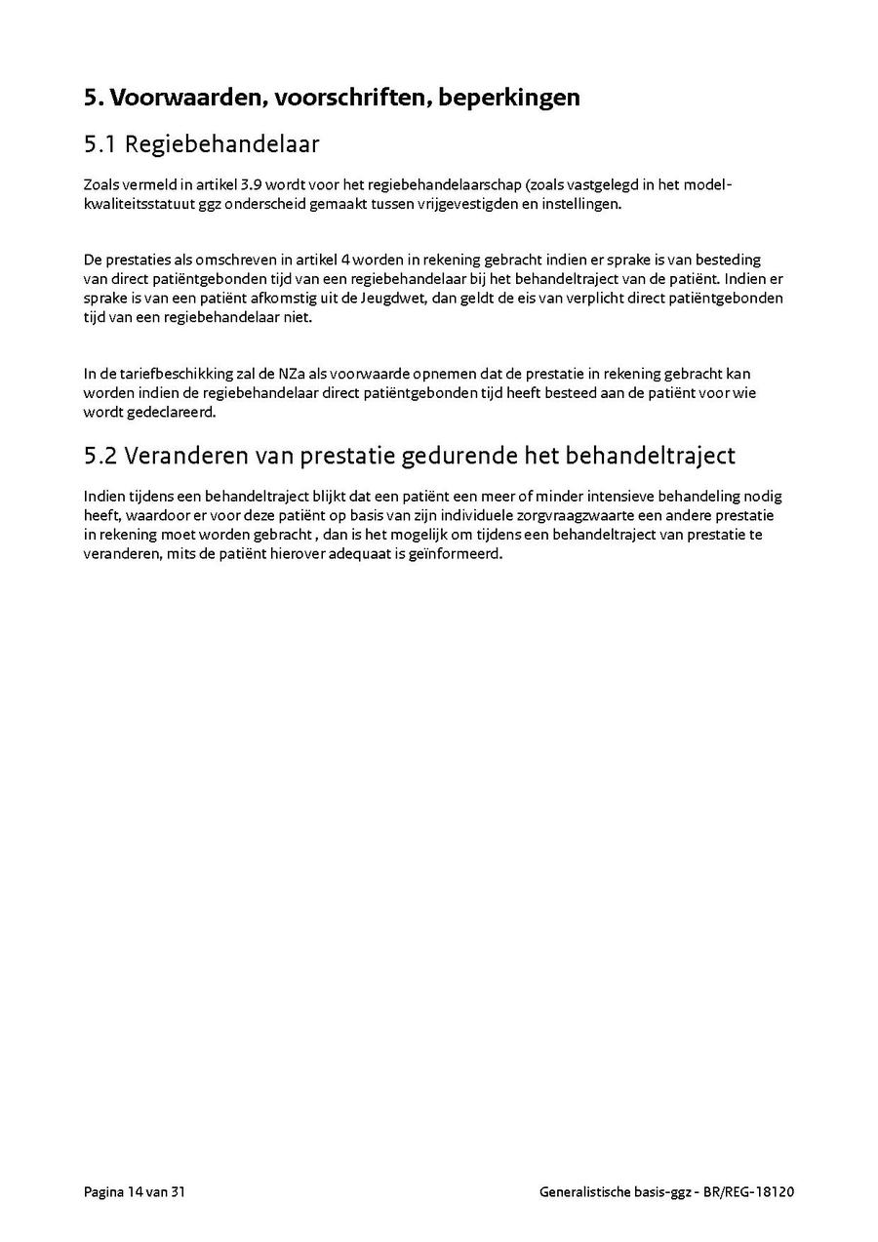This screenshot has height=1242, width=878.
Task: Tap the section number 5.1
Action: (100, 144)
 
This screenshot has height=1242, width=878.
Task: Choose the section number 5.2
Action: (100, 456)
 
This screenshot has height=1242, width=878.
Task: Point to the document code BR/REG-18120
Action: (749, 1192)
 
